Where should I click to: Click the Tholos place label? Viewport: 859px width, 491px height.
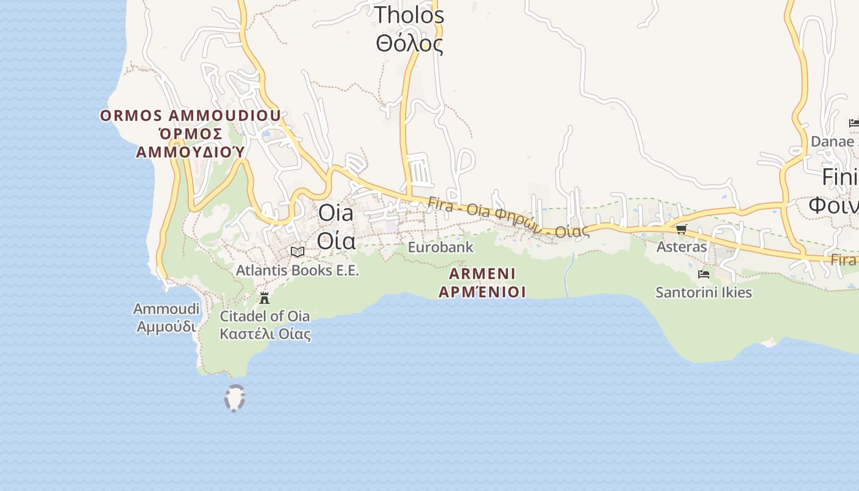pos(409,15)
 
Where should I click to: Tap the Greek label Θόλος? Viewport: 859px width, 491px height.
pos(409,44)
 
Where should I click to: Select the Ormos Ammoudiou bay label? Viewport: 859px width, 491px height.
pos(190,115)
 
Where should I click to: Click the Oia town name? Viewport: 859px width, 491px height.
pos(336,213)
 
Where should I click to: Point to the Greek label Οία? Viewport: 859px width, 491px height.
pos(336,241)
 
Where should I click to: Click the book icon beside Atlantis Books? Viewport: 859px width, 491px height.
pos(298,252)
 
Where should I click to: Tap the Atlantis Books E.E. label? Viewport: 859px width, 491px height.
pos(298,270)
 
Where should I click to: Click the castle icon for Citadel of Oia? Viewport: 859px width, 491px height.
pos(264,298)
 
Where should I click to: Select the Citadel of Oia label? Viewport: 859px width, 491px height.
pos(265,317)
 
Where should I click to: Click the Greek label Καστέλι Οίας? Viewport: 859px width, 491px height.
pos(265,334)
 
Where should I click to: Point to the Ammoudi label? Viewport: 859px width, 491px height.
pos(166,308)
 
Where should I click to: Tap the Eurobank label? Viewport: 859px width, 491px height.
pos(441,247)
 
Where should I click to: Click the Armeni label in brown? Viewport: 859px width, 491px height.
pos(482,273)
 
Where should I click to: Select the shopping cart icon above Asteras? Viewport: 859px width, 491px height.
pos(681,230)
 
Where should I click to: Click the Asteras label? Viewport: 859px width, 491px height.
pos(682,247)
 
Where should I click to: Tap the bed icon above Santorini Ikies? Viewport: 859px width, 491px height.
pos(704,274)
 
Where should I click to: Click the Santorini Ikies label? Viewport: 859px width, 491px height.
pos(704,292)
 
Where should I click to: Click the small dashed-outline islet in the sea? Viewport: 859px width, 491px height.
pos(234,398)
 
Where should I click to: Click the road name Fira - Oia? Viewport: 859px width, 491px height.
pos(457,207)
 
